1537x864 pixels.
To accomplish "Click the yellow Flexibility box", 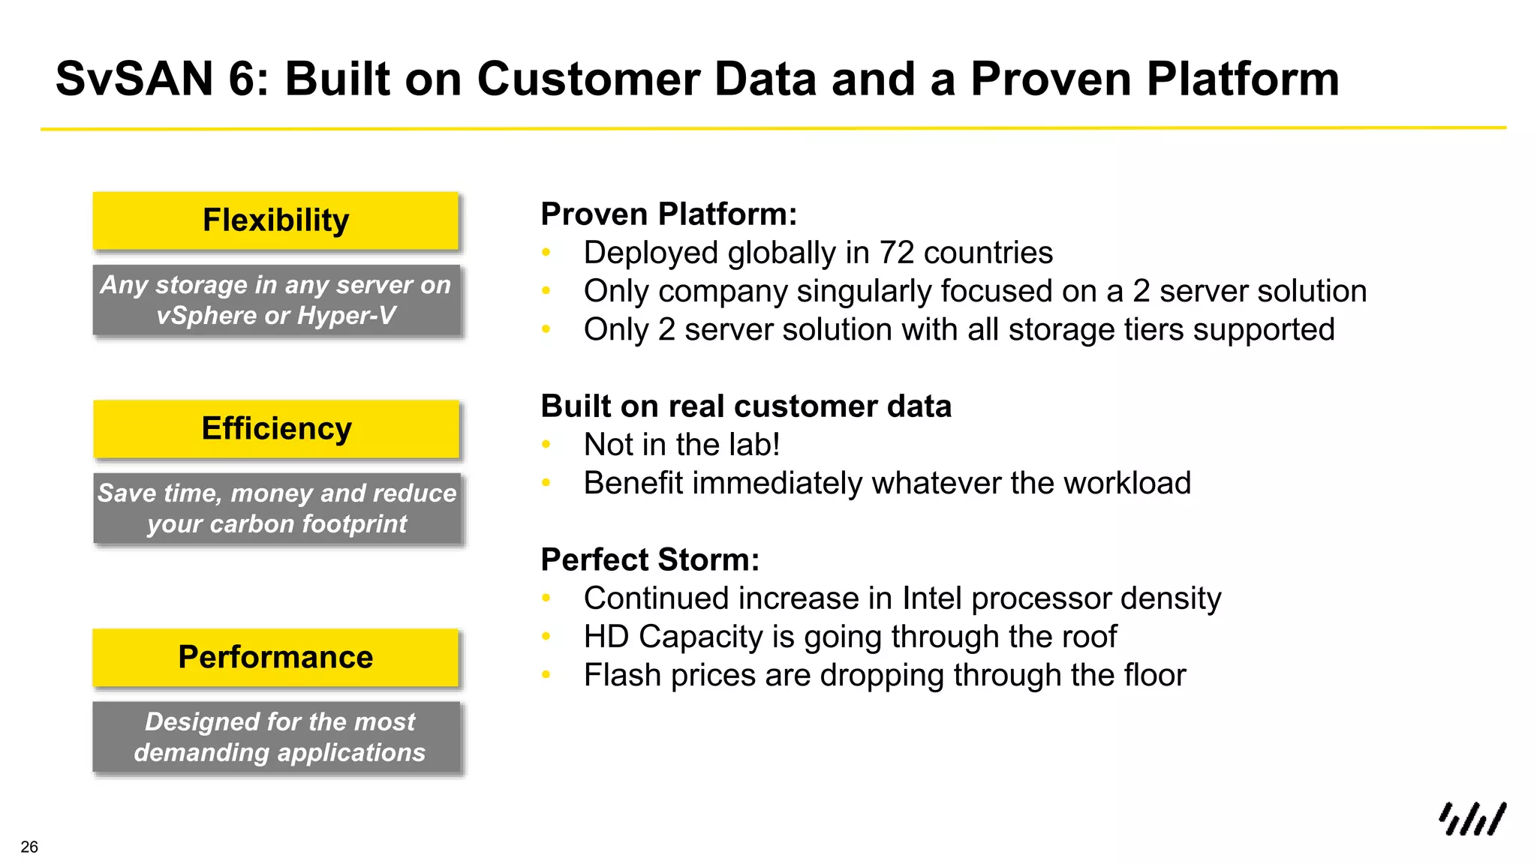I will (x=275, y=220).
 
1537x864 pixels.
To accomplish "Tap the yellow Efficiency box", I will (x=275, y=428).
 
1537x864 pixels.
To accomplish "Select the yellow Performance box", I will (x=275, y=657).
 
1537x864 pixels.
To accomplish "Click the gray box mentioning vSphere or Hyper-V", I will (x=275, y=300).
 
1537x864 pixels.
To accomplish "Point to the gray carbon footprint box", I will (x=276, y=508).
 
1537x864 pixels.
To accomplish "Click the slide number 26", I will (x=29, y=847).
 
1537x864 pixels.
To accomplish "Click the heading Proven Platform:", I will (x=668, y=214).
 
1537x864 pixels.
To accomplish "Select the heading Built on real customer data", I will (x=745, y=406).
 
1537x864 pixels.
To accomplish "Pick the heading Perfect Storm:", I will (x=650, y=560).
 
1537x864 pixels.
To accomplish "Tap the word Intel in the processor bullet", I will (x=931, y=598).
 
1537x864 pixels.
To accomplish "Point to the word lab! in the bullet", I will (x=755, y=445).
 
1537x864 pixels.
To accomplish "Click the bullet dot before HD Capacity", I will (x=546, y=637).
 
